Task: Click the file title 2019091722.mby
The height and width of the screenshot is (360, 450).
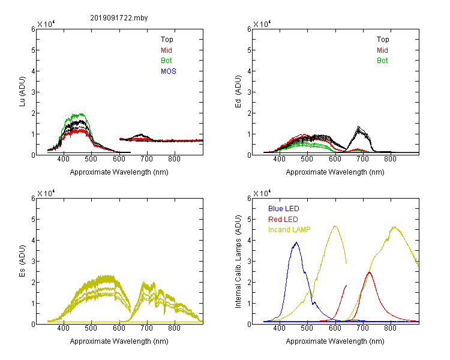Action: [x=119, y=18]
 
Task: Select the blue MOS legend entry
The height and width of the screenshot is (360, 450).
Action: [x=169, y=71]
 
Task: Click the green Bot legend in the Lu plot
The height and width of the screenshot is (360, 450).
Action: [x=166, y=61]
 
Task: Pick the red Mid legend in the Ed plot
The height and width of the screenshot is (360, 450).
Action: [x=382, y=50]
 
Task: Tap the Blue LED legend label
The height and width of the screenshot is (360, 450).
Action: [x=284, y=209]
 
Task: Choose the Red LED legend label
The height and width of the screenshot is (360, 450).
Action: [x=283, y=220]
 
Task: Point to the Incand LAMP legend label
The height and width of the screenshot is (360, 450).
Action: [x=289, y=230]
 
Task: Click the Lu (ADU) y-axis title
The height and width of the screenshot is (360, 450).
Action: [x=22, y=91]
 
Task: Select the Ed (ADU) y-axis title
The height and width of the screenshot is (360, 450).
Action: [x=238, y=91]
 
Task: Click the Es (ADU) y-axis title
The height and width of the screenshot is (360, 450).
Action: [x=22, y=260]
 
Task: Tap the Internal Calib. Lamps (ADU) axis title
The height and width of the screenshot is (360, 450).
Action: [x=238, y=262]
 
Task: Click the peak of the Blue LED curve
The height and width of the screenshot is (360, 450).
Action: [x=296, y=242]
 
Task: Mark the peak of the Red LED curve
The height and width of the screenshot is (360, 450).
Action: [x=370, y=272]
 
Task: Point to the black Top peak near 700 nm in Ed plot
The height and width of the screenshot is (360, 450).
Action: [x=358, y=127]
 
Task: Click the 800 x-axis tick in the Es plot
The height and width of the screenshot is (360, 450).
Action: [x=174, y=328]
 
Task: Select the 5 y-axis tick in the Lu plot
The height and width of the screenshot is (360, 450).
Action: [x=33, y=50]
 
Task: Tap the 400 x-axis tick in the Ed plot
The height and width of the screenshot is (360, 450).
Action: [x=279, y=159]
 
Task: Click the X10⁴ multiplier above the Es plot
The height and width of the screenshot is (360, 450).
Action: [x=46, y=193]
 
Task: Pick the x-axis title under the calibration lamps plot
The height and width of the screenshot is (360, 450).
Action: [x=335, y=341]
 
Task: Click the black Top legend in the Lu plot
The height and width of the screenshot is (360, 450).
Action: [x=167, y=40]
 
